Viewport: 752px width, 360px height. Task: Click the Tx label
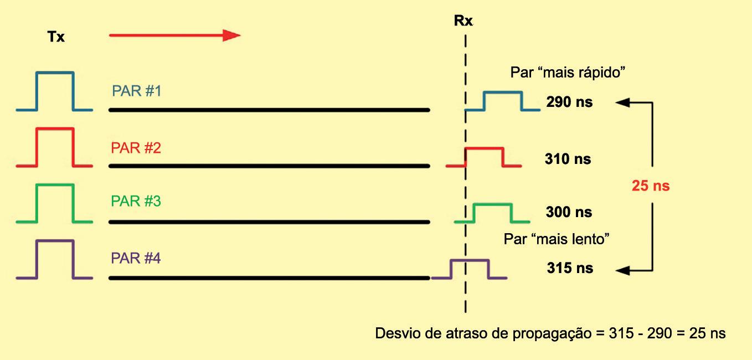pyautogui.click(x=55, y=38)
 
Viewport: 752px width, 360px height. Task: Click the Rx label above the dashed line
pyautogui.click(x=462, y=22)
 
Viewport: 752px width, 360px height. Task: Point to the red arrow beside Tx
pyautogui.click(x=174, y=35)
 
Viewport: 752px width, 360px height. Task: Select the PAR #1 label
pyautogui.click(x=136, y=91)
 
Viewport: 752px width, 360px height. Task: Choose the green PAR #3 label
pyautogui.click(x=136, y=201)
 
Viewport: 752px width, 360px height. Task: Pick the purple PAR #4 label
pyautogui.click(x=136, y=258)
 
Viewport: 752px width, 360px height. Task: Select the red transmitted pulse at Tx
pyautogui.click(x=54, y=147)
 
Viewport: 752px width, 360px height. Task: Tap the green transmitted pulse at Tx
pyautogui.click(x=54, y=203)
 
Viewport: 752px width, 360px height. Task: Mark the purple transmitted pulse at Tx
pyautogui.click(x=54, y=259)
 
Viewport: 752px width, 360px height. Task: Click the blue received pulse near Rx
pyautogui.click(x=503, y=101)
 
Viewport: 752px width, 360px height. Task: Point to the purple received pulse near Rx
pyautogui.click(x=470, y=269)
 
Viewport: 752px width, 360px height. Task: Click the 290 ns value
pyautogui.click(x=569, y=102)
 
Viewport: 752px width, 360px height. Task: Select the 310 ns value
pyautogui.click(x=568, y=160)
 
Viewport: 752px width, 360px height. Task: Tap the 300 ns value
pyautogui.click(x=569, y=212)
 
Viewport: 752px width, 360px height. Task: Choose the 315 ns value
pyautogui.click(x=569, y=269)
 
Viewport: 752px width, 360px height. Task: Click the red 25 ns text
pyautogui.click(x=651, y=186)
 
